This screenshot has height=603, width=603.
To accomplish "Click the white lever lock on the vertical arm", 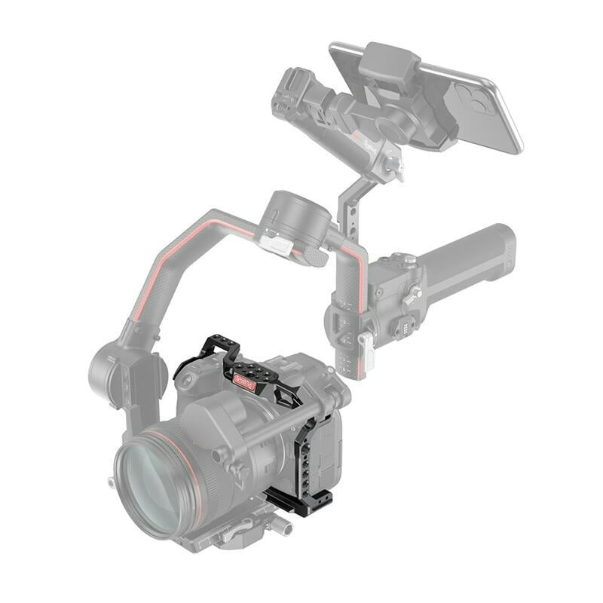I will pyautogui.click(x=366, y=350).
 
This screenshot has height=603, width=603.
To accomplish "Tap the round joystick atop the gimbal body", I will pyautogui.click(x=408, y=261).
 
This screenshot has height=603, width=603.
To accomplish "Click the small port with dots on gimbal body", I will pyautogui.click(x=402, y=326).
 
